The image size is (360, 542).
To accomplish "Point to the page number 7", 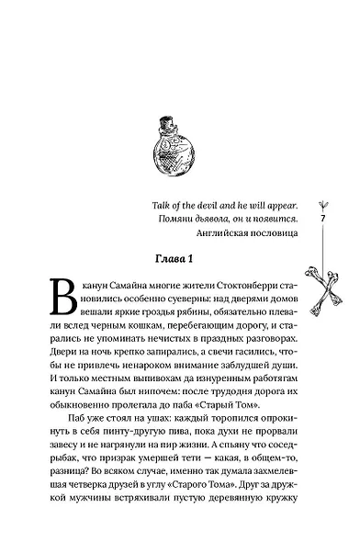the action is point(324,220).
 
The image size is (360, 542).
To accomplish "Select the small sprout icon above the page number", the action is point(324,205).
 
